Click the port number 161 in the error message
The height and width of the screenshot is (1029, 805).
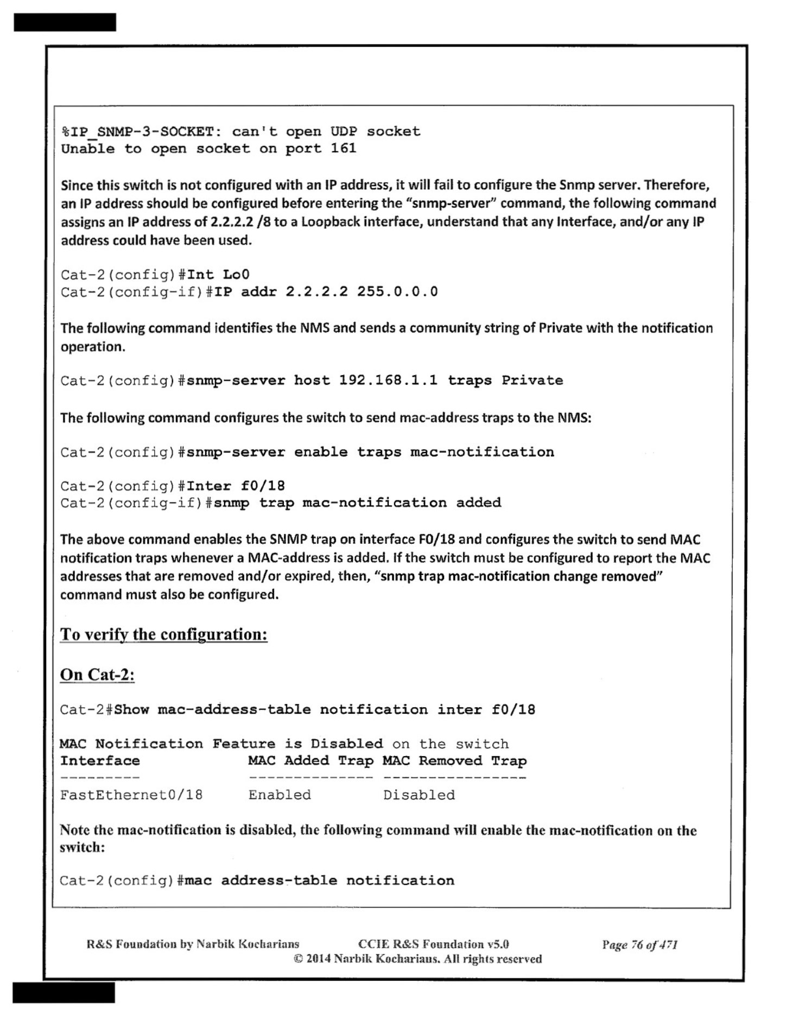(x=343, y=148)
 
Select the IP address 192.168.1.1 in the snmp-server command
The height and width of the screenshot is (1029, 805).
(x=388, y=380)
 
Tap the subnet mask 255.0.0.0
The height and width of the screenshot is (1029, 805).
(x=397, y=291)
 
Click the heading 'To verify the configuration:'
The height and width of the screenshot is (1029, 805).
(x=163, y=634)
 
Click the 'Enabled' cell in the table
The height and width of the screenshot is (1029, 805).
(x=280, y=795)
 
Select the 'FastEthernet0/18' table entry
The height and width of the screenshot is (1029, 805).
(x=131, y=795)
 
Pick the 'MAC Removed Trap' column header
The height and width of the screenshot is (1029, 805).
(x=454, y=760)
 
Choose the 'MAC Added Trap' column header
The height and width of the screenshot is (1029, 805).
(x=310, y=760)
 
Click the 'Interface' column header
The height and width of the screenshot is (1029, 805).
(x=100, y=760)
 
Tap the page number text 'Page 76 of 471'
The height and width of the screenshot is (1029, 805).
(x=639, y=944)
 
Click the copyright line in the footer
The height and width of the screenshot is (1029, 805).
(x=417, y=959)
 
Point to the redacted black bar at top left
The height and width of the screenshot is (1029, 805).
(x=65, y=22)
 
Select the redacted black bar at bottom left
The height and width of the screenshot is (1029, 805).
(x=64, y=993)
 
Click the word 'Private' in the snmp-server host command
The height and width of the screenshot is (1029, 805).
(x=532, y=380)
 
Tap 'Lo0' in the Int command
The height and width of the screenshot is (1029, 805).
(x=236, y=274)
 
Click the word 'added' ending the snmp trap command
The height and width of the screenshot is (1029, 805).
(x=478, y=503)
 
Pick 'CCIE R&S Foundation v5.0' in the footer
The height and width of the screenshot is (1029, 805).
(x=433, y=944)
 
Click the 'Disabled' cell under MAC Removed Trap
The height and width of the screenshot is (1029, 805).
(x=419, y=795)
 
